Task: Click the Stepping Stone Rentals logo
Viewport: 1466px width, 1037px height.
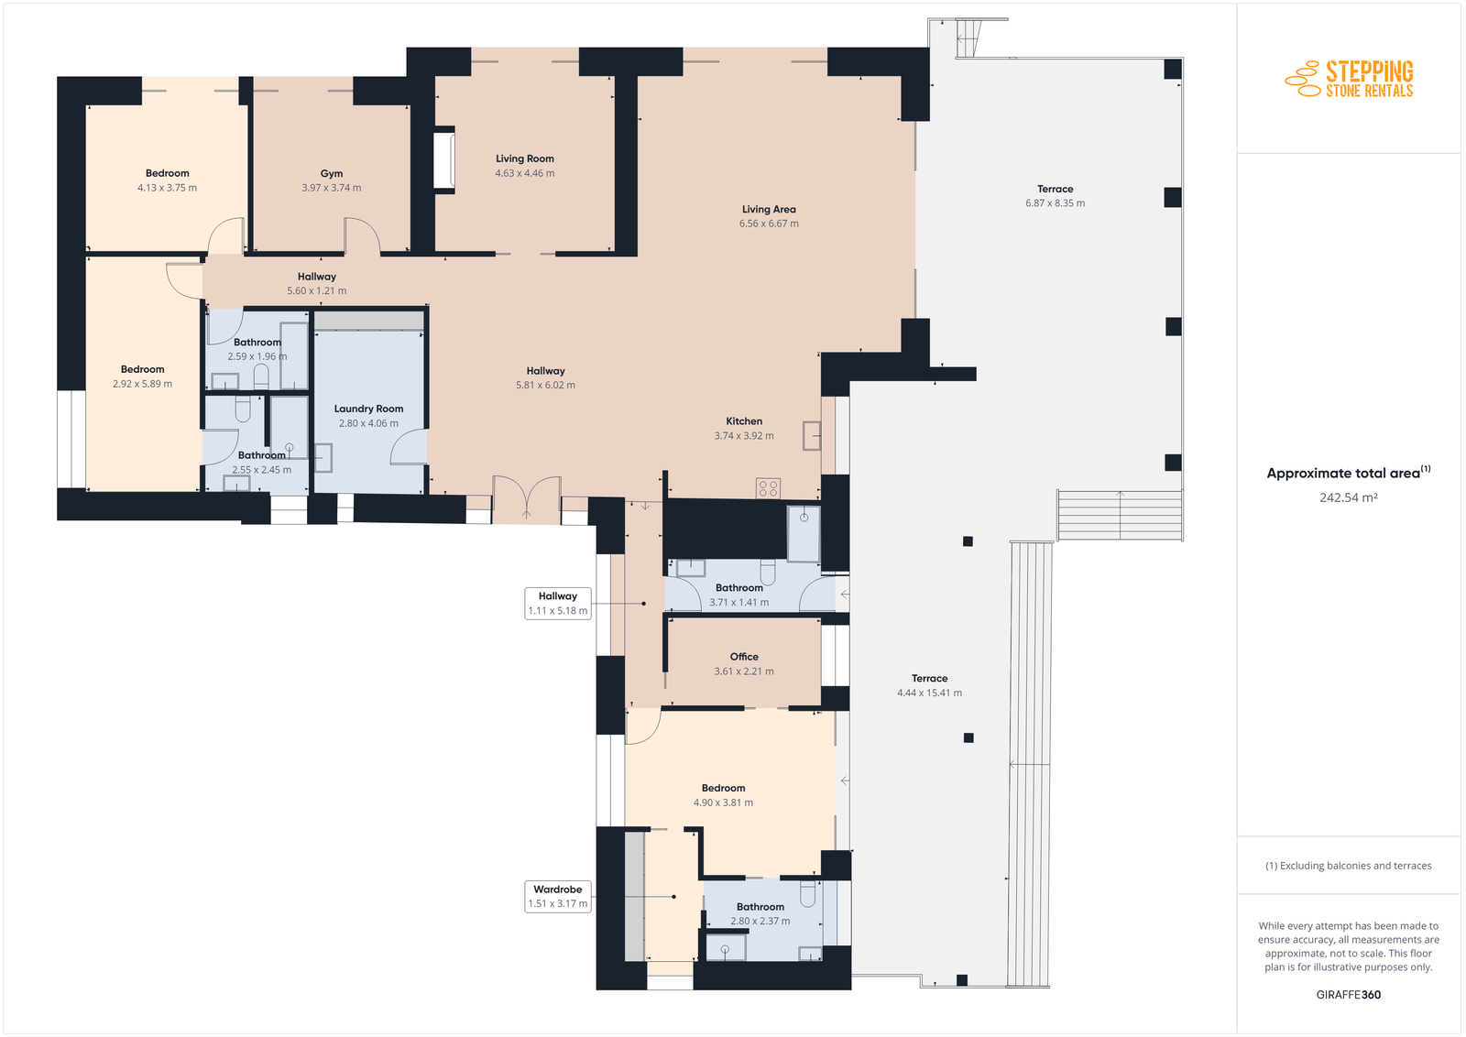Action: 1349,79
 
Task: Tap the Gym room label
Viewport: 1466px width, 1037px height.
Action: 331,173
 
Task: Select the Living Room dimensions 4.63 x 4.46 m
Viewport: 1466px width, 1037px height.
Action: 524,173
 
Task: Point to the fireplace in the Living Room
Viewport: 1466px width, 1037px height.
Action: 444,159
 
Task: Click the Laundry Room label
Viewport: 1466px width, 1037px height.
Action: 368,409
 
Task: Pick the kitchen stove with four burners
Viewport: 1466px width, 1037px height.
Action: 769,488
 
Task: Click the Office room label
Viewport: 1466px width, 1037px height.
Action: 744,657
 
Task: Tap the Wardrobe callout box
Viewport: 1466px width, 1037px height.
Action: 558,896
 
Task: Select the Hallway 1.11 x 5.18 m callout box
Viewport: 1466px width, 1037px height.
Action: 558,603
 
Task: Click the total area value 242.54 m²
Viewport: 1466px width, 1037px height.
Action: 1348,498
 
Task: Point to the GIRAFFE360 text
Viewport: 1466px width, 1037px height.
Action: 1348,995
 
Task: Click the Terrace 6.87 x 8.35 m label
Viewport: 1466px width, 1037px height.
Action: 1055,196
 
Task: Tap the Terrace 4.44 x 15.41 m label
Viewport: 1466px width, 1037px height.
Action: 929,685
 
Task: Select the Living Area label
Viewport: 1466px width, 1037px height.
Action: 769,210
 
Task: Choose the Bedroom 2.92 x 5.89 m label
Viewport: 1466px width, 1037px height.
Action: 142,377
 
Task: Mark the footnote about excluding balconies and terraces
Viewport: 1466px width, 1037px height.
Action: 1348,866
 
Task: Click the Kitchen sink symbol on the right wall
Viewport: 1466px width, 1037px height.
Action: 812,435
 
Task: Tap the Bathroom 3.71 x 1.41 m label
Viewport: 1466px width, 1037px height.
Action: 738,595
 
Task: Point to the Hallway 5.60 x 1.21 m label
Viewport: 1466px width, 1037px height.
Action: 317,284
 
